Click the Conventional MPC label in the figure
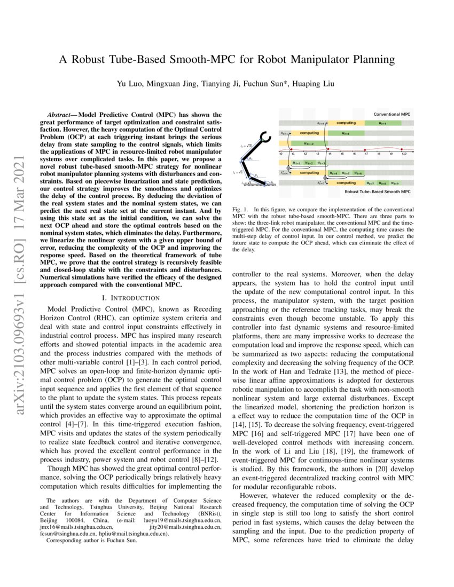tap(392, 115)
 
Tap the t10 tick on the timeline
tap(404, 153)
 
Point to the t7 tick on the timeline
tap(366, 153)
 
